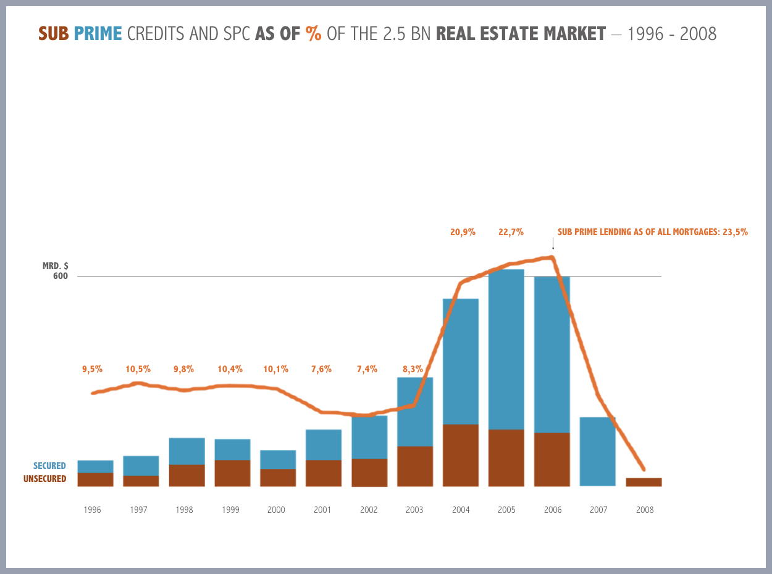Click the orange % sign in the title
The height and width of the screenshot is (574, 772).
314,33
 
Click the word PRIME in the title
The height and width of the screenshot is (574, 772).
98,33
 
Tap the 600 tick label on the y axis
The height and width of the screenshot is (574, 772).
61,276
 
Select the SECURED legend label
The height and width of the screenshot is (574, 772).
49,466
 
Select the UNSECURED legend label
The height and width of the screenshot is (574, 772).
44,479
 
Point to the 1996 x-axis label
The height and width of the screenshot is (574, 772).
92,510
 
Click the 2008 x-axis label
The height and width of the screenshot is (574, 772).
644,510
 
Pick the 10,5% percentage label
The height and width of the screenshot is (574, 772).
138,369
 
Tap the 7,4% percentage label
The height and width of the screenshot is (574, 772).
367,369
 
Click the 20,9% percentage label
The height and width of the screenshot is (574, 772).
463,232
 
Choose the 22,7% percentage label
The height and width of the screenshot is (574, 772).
511,232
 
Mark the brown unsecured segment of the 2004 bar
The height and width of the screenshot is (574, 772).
461,455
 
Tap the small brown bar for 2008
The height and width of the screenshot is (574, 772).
644,482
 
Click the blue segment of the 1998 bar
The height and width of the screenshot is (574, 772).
187,451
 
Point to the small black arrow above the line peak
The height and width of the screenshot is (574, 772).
553,245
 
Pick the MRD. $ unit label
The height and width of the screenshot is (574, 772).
56,266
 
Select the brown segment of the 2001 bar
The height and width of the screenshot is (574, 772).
324,473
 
